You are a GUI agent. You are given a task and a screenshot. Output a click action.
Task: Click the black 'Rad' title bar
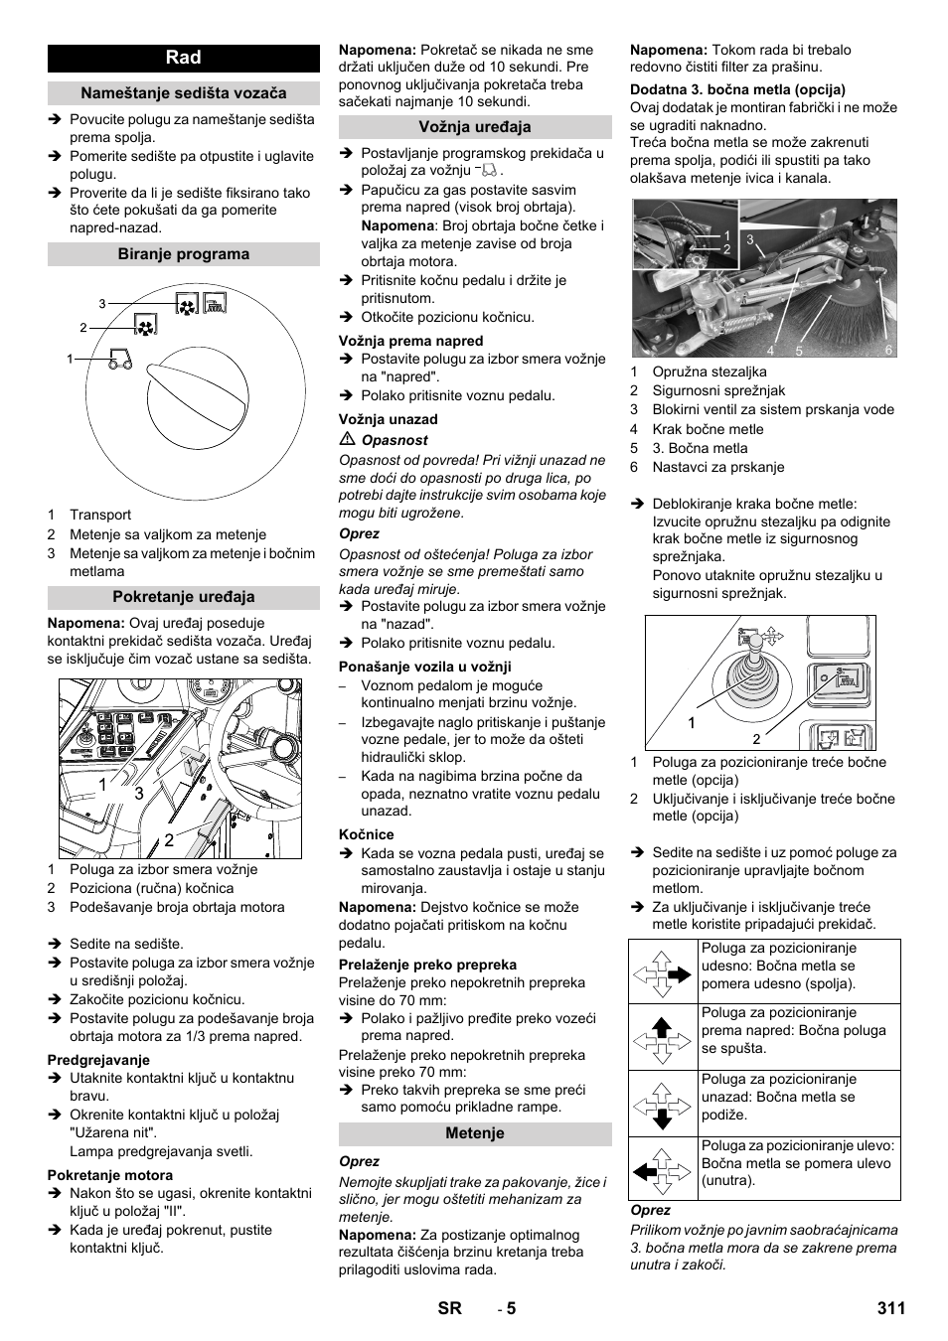184,58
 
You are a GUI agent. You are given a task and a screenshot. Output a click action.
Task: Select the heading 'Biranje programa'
184,254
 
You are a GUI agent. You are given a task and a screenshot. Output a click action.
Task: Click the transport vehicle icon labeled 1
118,359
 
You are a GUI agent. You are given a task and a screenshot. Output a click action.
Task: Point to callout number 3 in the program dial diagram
102,304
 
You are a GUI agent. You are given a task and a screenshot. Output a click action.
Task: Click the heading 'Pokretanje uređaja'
184,597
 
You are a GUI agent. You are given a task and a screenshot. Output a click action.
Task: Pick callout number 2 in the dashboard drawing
169,839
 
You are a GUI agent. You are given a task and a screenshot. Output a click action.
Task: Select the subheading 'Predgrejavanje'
98,1060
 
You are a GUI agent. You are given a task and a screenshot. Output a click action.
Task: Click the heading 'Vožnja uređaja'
475,127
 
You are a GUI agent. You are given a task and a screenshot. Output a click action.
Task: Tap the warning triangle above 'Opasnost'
346,440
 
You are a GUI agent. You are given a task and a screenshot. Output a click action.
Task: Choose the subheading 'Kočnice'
366,834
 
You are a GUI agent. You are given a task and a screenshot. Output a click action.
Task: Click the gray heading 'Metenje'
475,1133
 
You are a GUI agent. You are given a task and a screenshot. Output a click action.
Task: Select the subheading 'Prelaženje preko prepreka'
427,965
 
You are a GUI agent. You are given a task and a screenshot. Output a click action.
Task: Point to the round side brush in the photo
845,308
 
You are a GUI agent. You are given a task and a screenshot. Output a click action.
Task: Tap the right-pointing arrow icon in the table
665,973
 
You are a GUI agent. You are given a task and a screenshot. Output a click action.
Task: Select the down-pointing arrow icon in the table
665,1104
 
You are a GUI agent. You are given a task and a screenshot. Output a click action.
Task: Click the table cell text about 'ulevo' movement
798,1163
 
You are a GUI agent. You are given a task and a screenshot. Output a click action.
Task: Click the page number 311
891,1308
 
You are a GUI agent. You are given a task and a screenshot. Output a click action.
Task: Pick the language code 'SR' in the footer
449,1308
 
